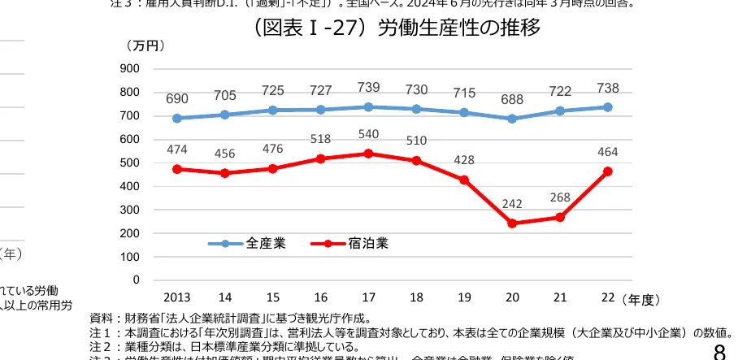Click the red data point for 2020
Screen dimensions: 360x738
point(512,223)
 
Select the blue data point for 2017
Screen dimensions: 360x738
point(368,106)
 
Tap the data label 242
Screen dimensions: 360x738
point(512,204)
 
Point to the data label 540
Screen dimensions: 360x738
point(368,134)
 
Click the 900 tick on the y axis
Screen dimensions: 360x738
point(128,69)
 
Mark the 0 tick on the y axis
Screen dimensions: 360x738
point(135,280)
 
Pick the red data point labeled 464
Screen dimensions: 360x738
point(608,171)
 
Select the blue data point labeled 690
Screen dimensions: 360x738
point(177,118)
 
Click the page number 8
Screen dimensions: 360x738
point(719,352)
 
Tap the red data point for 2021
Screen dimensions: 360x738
point(560,217)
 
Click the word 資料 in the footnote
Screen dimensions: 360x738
point(101,318)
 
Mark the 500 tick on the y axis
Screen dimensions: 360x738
point(128,163)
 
